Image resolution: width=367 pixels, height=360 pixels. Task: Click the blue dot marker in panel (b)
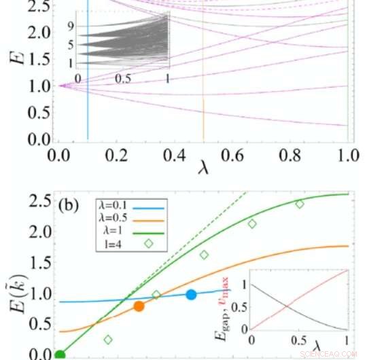coord(192,294)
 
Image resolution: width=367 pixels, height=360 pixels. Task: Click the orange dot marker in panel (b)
coord(139,306)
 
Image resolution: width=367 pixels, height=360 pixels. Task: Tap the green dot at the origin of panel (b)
coord(59,354)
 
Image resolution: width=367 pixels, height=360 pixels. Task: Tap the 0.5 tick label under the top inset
coord(123,79)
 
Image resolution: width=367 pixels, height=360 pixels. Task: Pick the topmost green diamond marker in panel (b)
coord(300,204)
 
